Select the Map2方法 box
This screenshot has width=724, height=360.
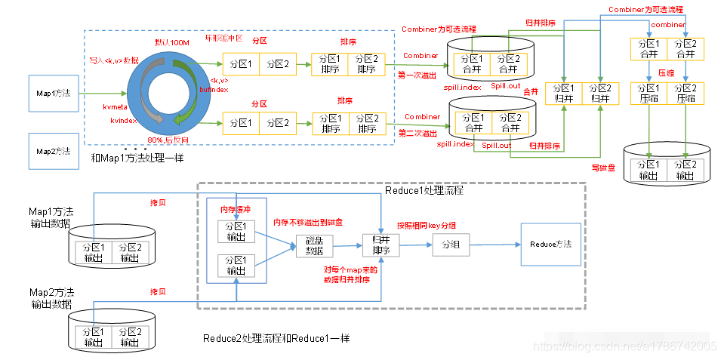point(54,151)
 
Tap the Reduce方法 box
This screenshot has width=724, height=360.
point(550,244)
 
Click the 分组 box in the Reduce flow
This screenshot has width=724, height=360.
point(450,244)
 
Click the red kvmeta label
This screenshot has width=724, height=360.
point(118,107)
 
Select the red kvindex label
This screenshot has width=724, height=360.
point(123,121)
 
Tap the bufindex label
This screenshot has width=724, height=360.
point(213,88)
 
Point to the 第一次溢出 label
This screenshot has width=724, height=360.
point(417,75)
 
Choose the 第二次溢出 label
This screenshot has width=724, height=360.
point(417,133)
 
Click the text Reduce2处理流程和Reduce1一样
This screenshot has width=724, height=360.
point(276,338)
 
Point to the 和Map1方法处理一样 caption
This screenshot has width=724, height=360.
point(137,158)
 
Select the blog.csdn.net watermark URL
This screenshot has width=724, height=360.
point(624,346)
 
